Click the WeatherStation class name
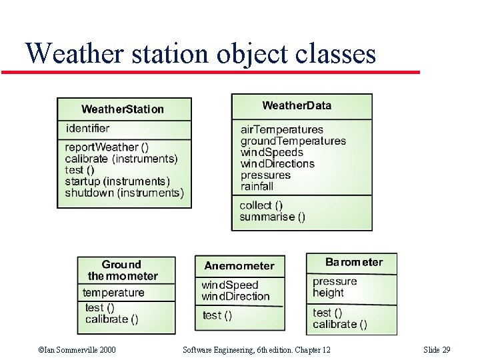pos(123,109)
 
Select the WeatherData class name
pos(297,105)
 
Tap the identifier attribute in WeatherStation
pos(87,128)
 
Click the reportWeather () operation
pos(107,147)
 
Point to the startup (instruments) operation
pos(117,181)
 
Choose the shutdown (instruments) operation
pos(124,193)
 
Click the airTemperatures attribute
pos(281,129)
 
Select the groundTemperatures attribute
pos(293,141)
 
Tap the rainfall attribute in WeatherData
pos(257,186)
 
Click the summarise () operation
pos(272,217)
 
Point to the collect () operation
pos(261,205)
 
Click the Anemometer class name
pos(239,265)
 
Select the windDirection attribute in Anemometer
pos(235,296)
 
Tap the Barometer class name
pos(354,262)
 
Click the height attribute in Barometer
pos(328,293)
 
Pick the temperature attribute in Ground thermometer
pos(113,293)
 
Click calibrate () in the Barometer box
pos(340,324)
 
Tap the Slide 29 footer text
pos(437,350)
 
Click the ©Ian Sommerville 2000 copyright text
pos(77,350)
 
